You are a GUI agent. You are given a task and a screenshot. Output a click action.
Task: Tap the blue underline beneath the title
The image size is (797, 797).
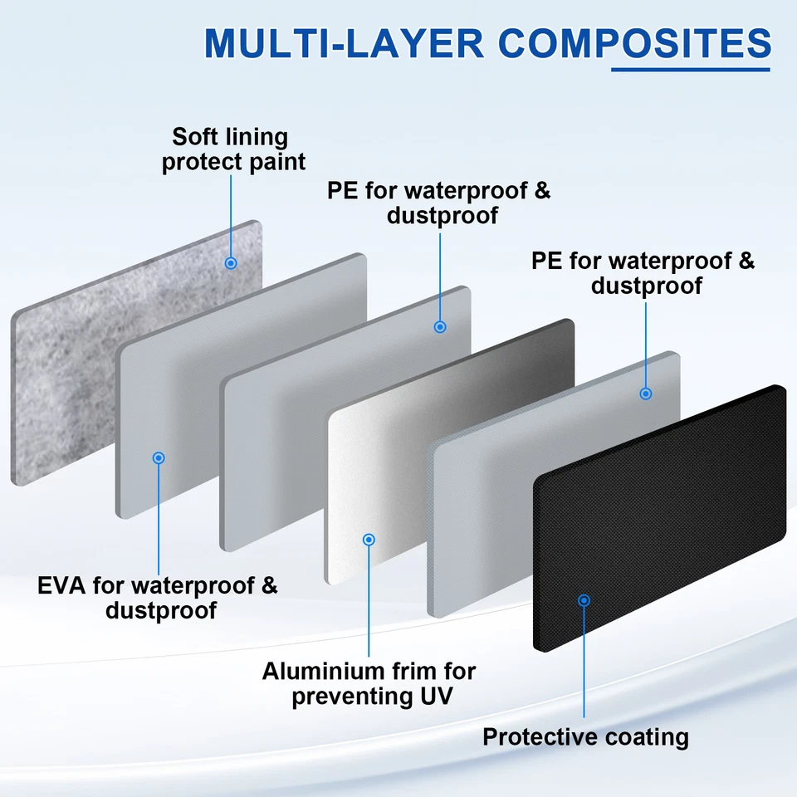691,69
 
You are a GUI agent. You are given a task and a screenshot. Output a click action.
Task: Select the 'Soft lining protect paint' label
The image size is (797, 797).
232,149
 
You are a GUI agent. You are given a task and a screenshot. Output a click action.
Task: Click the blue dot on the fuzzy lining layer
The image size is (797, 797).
231,263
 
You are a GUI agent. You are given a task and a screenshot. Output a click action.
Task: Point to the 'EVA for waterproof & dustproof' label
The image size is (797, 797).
158,598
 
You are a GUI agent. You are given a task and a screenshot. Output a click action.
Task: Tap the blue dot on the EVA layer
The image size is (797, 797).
159,457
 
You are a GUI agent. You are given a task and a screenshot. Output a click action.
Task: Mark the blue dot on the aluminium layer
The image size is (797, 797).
369,540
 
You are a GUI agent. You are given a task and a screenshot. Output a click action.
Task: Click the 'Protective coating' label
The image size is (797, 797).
585,736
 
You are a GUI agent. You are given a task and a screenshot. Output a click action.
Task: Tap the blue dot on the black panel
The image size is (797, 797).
584,599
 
